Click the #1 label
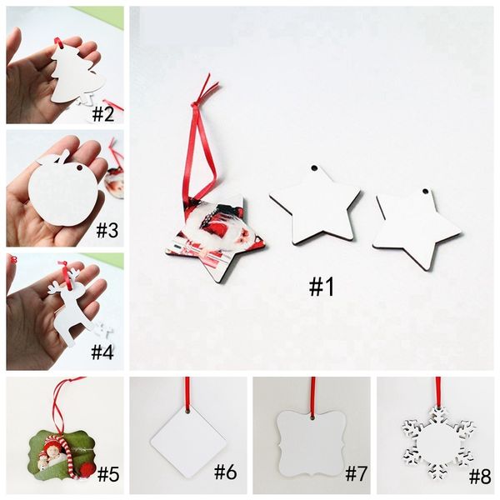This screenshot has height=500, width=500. coord(322,287)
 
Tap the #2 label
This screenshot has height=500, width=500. coord(103,113)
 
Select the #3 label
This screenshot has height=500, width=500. coord(107,229)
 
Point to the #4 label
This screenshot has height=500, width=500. coord(102,352)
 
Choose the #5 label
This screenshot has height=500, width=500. coord(108,474)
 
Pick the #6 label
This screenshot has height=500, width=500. coord(226,472)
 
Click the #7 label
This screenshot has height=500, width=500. coord(357,473)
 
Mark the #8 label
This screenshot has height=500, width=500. coord(480,477)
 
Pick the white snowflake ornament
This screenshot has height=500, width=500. coord(437,443)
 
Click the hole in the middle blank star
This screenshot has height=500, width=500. coord(314,168)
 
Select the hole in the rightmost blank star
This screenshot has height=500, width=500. coord(425,192)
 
